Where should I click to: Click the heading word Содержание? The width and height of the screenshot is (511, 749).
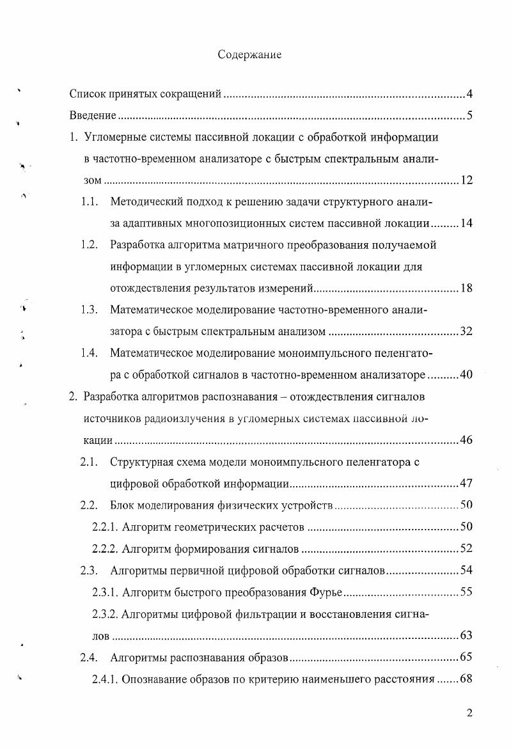point(249,55)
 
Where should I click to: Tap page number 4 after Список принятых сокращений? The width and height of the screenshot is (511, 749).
point(469,95)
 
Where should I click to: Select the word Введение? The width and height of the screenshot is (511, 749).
point(92,116)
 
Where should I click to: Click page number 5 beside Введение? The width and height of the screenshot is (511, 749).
point(469,116)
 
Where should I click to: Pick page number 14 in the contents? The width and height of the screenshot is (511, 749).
point(466,225)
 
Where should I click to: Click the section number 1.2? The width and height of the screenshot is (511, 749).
point(89,245)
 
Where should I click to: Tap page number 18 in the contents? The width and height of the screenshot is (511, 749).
point(466,288)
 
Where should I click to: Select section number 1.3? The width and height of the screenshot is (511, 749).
point(89,310)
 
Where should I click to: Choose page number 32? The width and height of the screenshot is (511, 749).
point(466,331)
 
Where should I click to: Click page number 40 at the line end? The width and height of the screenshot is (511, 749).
point(466,375)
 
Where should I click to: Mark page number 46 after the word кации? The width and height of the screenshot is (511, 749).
point(466,440)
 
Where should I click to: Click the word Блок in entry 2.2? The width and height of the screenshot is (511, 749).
point(122,506)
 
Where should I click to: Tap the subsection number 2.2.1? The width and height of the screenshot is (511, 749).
point(106,528)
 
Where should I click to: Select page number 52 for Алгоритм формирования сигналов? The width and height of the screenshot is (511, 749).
point(466,549)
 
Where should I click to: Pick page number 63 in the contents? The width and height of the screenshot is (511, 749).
point(466,636)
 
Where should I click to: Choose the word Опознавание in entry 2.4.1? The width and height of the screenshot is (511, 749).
point(152,679)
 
